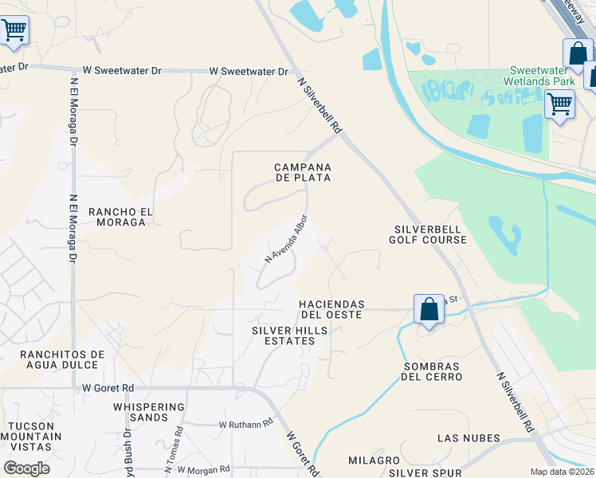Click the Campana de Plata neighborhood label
pos(302,172)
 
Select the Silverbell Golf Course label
pos(429,233)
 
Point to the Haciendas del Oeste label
pos(331,309)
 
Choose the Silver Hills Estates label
pos(283,335)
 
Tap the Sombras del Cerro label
pos(432,370)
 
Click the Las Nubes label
pos(469,438)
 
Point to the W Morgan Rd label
pos(203,469)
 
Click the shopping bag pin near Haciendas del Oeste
pos(428,308)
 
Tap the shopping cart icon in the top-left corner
pos(14,30)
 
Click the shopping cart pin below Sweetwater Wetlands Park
pos(559,104)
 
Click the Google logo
pos(26,468)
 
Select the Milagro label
pos(373,460)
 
